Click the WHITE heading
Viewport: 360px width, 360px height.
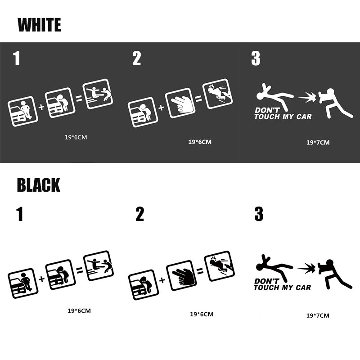pyautogui.click(x=39, y=25)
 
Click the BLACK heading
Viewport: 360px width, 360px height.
pyautogui.click(x=38, y=185)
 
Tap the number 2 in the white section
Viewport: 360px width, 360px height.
pyautogui.click(x=137, y=58)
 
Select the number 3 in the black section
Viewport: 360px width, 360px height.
pyautogui.click(x=259, y=214)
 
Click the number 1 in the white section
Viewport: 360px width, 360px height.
pyautogui.click(x=17, y=58)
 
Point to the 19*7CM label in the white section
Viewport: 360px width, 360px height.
pyautogui.click(x=318, y=143)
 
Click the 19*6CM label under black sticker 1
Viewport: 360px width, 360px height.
pyautogui.click(x=79, y=311)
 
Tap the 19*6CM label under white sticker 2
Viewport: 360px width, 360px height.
pyautogui.click(x=200, y=142)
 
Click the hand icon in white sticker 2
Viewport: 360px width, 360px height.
pyautogui.click(x=180, y=103)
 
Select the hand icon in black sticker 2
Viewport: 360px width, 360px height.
pyautogui.click(x=182, y=275)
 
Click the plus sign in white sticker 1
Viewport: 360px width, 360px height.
pyautogui.click(x=41, y=107)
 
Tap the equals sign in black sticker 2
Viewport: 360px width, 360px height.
pyautogui.click(x=200, y=271)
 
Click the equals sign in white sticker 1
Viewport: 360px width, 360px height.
pyautogui.click(x=79, y=99)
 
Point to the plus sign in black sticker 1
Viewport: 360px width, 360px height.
pyautogui.click(x=41, y=279)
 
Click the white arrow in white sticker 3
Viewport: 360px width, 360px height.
pyautogui.click(x=307, y=98)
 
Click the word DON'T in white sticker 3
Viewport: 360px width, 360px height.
pyautogui.click(x=267, y=110)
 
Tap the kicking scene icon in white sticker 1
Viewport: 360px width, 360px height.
pyautogui.click(x=98, y=94)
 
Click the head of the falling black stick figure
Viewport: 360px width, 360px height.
pyautogui.click(x=261, y=267)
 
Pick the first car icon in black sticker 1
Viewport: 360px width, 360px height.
pyautogui.click(x=23, y=283)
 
